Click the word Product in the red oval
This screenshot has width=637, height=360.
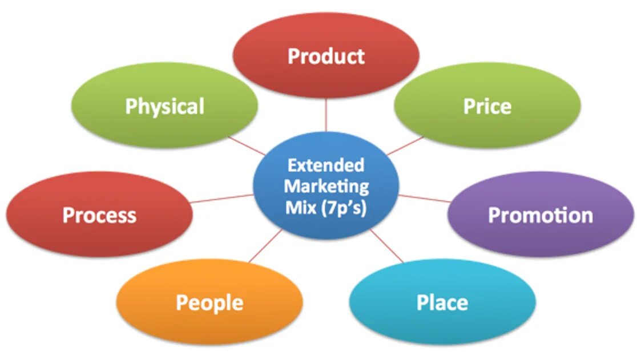[326, 56]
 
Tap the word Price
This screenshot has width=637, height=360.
[487, 106]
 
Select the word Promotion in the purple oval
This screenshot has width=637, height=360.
[540, 215]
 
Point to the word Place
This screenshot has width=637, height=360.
[442, 302]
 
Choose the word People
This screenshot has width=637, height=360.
[209, 302]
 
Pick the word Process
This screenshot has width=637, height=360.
[99, 215]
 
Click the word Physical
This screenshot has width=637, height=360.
[164, 106]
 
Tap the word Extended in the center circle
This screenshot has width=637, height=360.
[326, 165]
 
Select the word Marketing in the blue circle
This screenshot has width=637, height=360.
[326, 186]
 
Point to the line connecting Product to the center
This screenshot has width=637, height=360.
[326, 114]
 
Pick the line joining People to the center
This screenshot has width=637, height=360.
[265, 246]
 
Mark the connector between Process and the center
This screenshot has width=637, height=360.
[222, 199]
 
